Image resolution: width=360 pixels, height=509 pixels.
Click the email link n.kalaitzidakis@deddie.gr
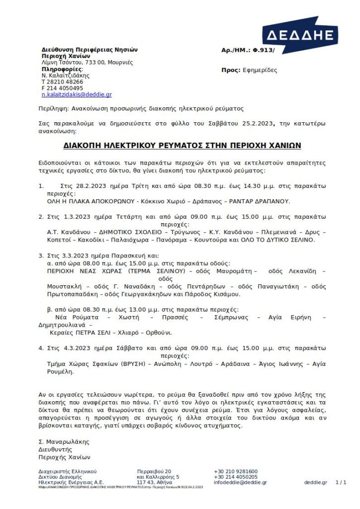77,94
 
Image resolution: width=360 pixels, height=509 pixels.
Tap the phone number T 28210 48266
62,82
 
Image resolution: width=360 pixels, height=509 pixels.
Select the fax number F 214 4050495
62,88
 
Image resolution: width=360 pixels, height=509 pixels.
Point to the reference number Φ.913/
264,50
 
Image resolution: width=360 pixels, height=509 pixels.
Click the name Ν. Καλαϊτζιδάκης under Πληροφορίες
65,76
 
